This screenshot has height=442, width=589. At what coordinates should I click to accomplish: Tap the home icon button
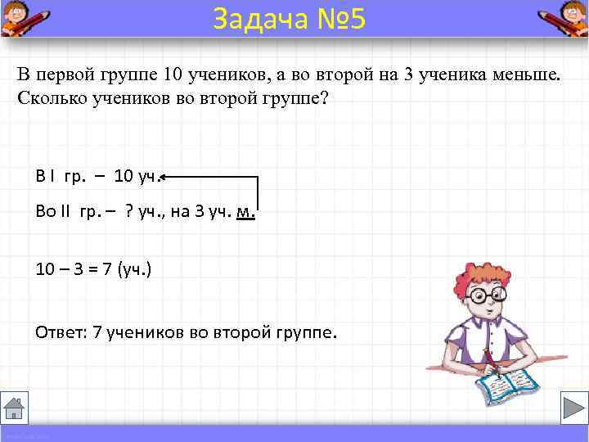pos(15,408)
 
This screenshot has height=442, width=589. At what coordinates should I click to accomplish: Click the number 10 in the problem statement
pos(172,75)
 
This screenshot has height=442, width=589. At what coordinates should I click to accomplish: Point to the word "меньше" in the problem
pos(527,75)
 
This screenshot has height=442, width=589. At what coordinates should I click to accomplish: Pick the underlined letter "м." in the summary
pos(245,212)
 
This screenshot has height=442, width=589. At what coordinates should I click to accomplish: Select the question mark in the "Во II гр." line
pos(130,212)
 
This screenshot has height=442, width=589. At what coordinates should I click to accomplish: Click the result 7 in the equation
pos(106,268)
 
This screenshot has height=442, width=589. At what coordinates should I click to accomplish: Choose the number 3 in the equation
pos(74,268)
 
